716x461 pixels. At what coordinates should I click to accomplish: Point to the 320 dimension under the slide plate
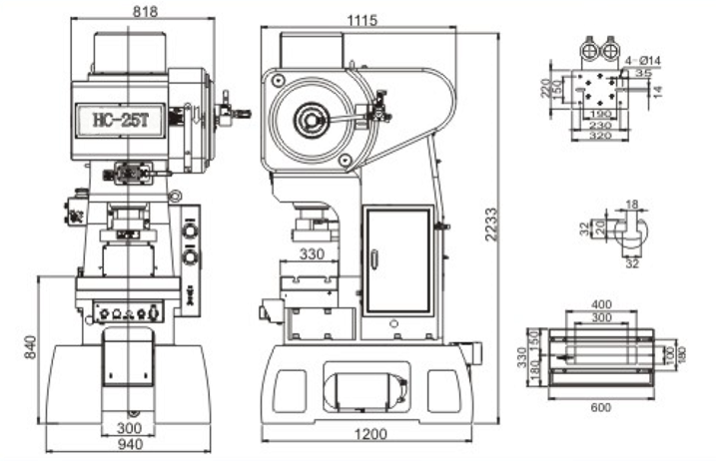click(x=600, y=135)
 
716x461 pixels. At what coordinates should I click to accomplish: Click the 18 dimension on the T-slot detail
click(x=630, y=205)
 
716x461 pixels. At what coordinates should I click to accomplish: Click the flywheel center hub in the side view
click(x=312, y=123)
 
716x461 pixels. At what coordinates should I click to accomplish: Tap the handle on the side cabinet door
click(x=373, y=260)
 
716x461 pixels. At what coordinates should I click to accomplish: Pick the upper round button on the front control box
click(x=191, y=231)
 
